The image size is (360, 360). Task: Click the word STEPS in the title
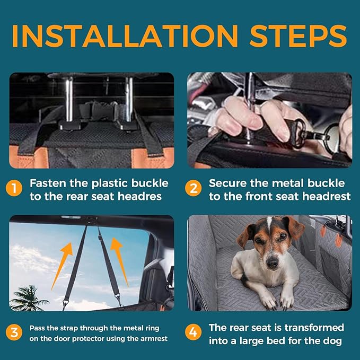click(x=298, y=36)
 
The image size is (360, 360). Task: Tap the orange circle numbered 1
click(x=14, y=188)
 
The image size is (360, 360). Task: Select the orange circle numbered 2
click(x=194, y=188)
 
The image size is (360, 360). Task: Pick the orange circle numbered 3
click(x=14, y=332)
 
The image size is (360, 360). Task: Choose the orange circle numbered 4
click(x=194, y=332)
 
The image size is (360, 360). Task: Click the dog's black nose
click(x=273, y=262)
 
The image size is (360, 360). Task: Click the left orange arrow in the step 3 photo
click(x=62, y=266)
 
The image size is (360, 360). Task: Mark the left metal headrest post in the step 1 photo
click(x=69, y=101)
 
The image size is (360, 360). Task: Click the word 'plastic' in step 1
click(x=110, y=183)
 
